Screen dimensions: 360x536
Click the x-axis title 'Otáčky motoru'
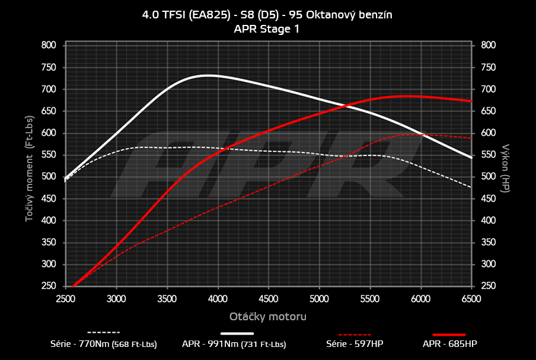click(x=267, y=317)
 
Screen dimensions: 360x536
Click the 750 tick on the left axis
click(x=49, y=67)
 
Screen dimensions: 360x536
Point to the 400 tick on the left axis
click(x=49, y=221)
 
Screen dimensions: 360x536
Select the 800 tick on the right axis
click(x=488, y=45)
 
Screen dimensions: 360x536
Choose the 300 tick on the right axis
click(x=488, y=265)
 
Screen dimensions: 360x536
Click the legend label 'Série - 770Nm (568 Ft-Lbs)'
click(x=104, y=343)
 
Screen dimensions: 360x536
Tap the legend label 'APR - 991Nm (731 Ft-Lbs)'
click(x=234, y=343)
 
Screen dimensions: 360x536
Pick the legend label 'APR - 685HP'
click(x=449, y=343)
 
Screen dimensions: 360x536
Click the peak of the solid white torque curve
click(x=208, y=75)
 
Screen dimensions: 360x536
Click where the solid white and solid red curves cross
click(x=344, y=105)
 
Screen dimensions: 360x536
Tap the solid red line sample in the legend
click(x=449, y=334)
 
